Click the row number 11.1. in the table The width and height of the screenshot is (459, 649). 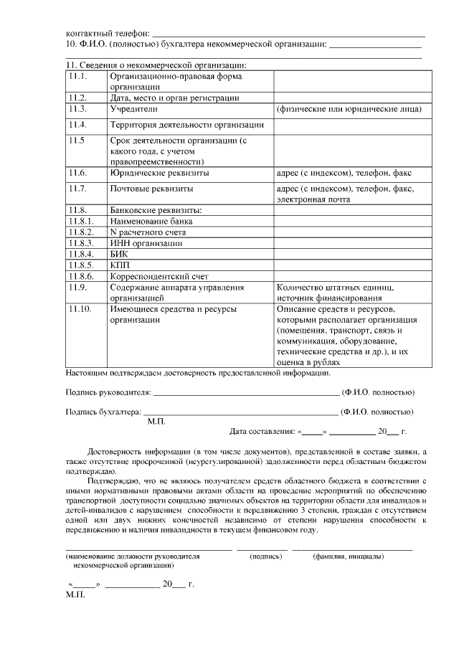tap(77, 76)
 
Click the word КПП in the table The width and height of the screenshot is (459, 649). tap(119, 265)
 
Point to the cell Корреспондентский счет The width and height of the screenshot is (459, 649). tap(153, 276)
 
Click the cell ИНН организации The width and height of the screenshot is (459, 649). tap(146, 243)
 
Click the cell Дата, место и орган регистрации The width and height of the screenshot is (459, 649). tap(174, 98)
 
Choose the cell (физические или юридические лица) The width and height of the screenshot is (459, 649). tap(348, 109)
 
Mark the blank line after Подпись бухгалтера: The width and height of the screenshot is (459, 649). tap(240, 412)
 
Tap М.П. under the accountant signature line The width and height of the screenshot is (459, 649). tap(156, 422)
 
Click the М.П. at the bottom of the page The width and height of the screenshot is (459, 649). tap(75, 595)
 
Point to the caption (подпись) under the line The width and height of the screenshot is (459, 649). tap(265, 556)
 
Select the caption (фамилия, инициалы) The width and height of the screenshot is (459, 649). tap(348, 556)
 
